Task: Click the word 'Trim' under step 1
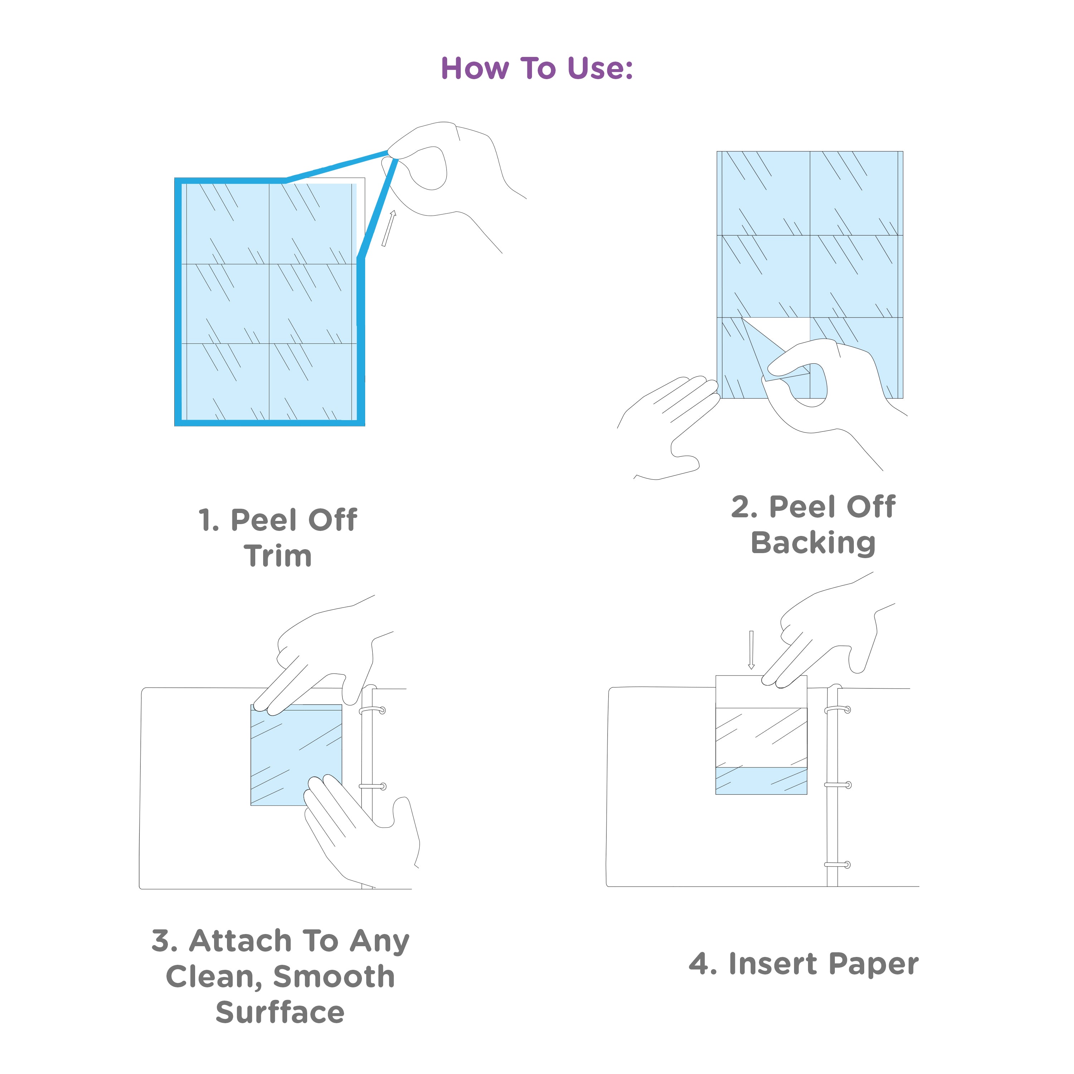point(277,556)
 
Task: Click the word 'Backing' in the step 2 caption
point(813,543)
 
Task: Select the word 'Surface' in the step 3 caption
point(280,1012)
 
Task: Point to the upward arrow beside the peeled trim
point(388,228)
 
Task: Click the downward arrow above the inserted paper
point(751,649)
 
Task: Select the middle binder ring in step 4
point(838,785)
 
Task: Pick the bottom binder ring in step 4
point(838,865)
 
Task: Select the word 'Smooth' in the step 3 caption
point(334,977)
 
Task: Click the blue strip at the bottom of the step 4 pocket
point(760,780)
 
